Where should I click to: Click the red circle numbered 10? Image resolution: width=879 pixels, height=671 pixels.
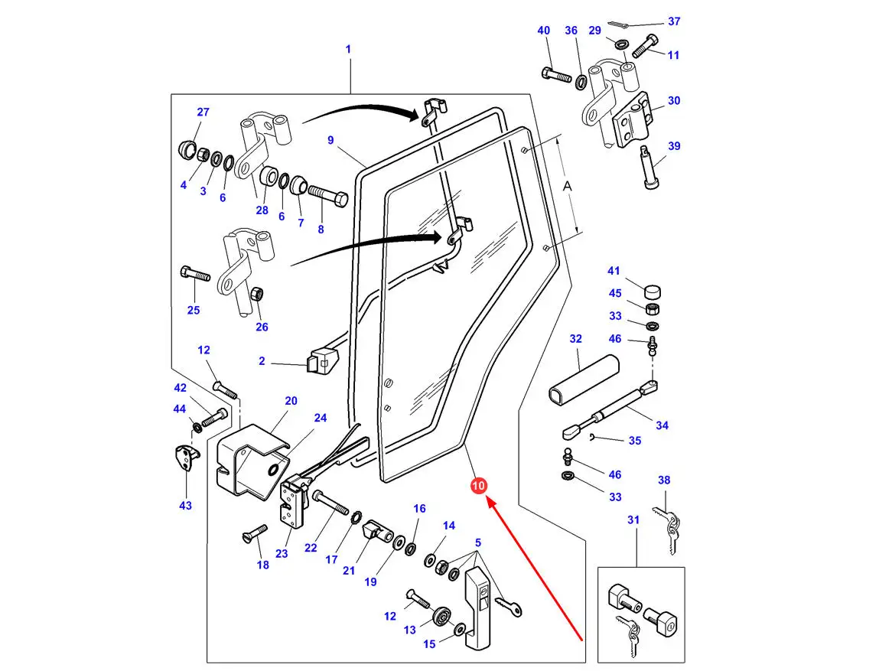[x=478, y=486]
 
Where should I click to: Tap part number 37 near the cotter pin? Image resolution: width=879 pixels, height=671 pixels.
[x=673, y=21]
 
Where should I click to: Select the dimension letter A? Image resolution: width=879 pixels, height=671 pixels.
[x=567, y=186]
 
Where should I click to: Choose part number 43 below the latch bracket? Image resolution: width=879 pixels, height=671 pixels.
[x=185, y=505]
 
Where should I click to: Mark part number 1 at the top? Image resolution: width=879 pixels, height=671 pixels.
[x=348, y=49]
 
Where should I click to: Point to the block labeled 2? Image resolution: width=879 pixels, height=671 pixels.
[x=321, y=362]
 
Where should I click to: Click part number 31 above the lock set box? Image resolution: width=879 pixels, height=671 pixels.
[x=633, y=520]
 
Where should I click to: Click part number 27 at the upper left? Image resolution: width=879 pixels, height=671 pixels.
[x=203, y=112]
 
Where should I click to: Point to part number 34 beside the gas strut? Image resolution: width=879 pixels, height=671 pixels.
[x=662, y=425]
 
